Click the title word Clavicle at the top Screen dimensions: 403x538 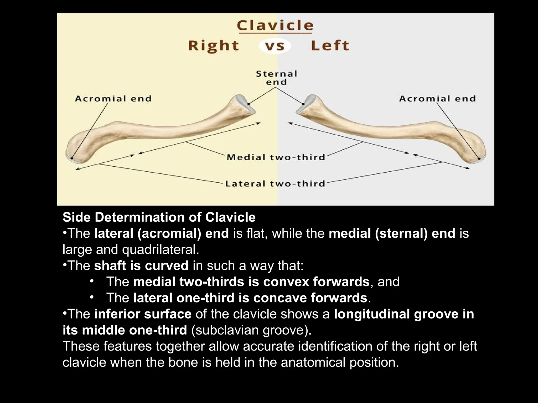[275, 26]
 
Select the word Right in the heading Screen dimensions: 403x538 [214, 46]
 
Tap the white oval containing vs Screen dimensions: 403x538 [275, 46]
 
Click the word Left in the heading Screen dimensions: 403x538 [330, 46]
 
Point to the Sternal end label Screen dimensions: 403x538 [276, 78]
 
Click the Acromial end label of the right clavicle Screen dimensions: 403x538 [113, 99]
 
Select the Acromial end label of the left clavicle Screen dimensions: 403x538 [437, 99]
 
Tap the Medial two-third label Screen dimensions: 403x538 [276, 157]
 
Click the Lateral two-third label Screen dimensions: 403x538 [275, 184]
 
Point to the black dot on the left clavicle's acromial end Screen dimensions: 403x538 [479, 158]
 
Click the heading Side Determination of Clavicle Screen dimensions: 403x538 [159, 217]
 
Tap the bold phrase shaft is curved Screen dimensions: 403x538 [141, 266]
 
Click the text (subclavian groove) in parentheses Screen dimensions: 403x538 [251, 330]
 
